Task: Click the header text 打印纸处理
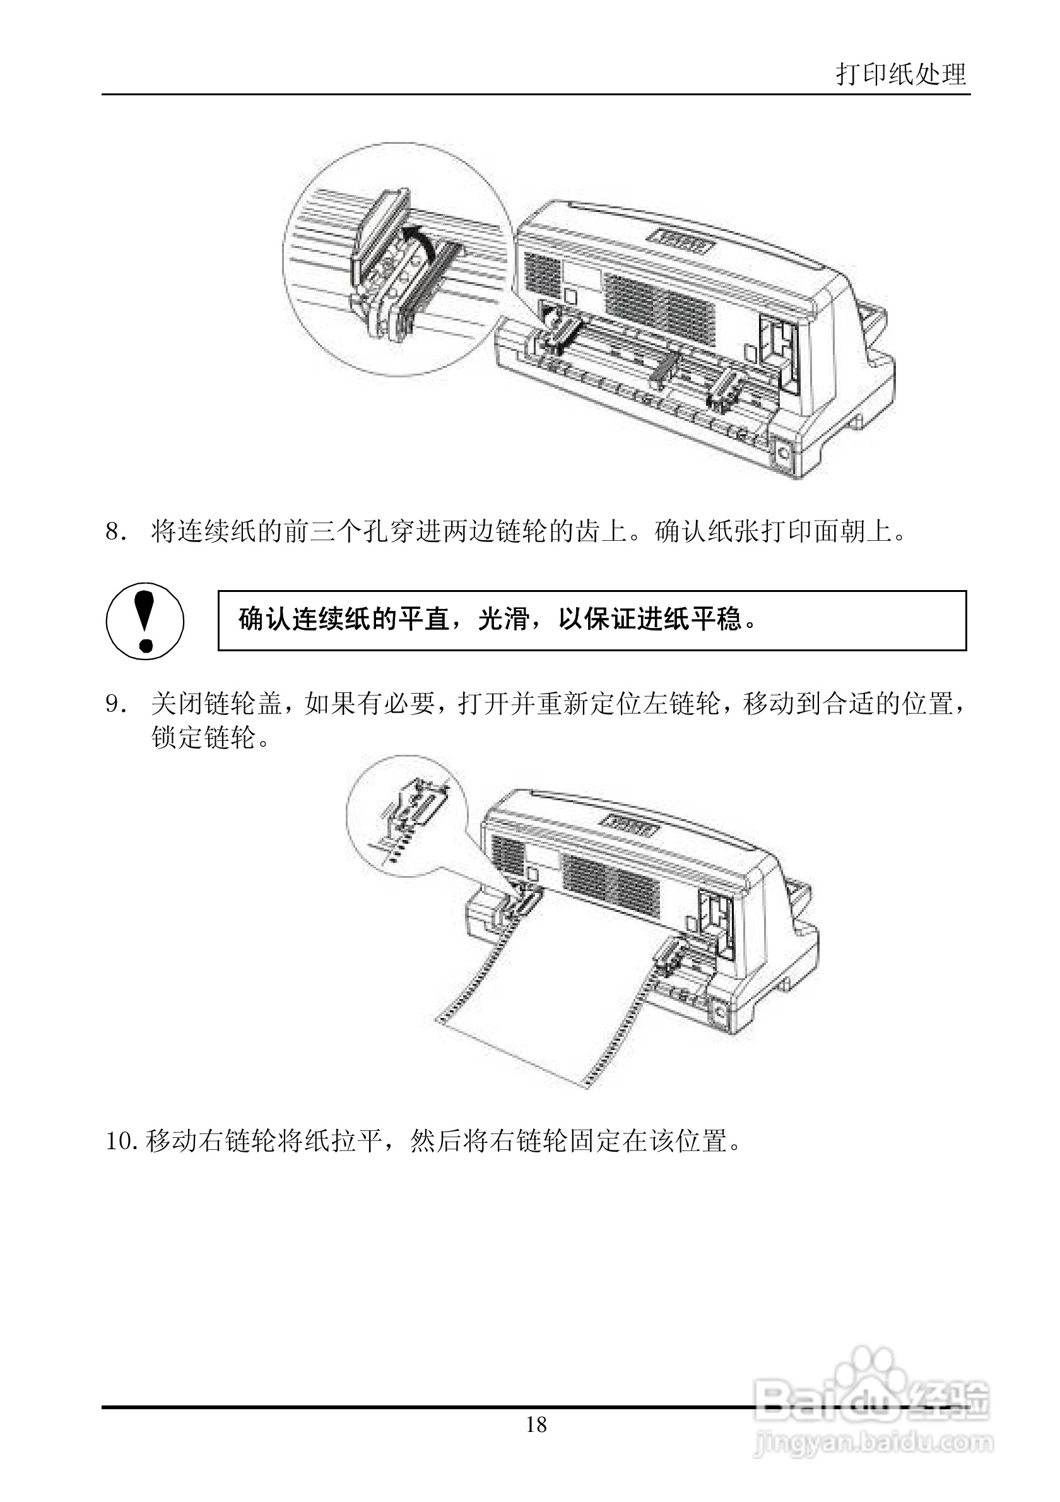click(900, 74)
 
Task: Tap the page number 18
click(536, 1424)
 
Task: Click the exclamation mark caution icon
click(145, 620)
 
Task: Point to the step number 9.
click(115, 704)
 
